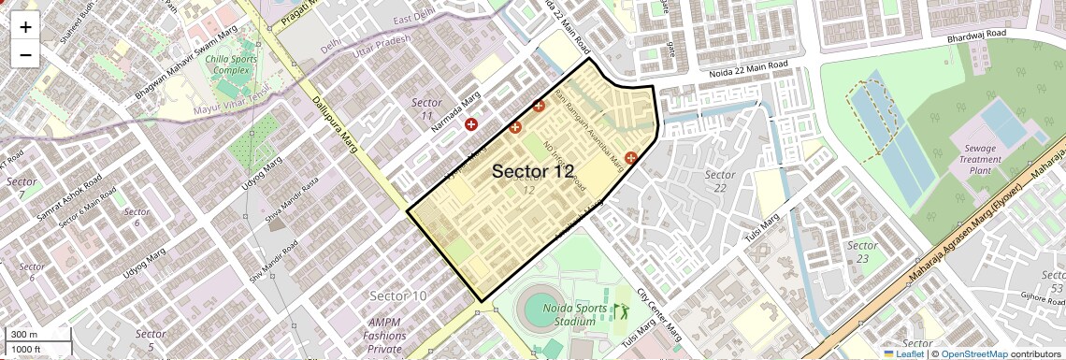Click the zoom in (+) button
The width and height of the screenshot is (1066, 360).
click(x=25, y=26)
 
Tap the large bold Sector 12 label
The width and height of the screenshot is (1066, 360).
click(x=532, y=171)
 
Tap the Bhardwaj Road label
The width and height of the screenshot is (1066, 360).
click(x=976, y=36)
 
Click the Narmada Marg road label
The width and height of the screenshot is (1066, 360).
click(x=455, y=107)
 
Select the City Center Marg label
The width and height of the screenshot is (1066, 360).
click(x=659, y=313)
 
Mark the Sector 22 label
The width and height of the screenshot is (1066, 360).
click(x=720, y=181)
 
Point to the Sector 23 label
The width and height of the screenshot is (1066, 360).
click(x=862, y=252)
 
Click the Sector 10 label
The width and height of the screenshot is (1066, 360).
click(x=398, y=295)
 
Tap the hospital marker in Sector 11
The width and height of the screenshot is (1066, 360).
click(x=471, y=124)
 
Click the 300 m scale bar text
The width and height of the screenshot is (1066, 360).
click(x=23, y=335)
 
